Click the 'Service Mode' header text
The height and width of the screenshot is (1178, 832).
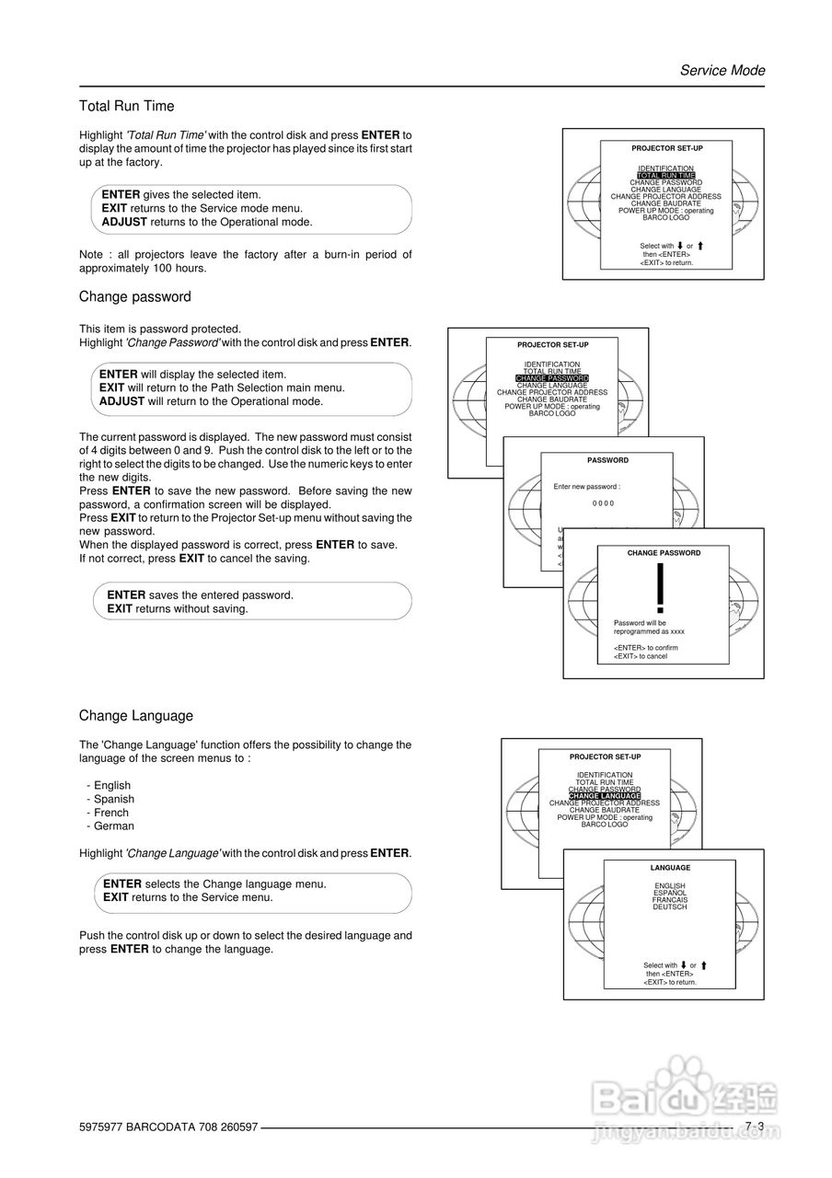point(722,71)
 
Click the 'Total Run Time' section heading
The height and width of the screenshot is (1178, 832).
point(126,107)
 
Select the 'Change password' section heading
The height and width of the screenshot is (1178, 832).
point(134,297)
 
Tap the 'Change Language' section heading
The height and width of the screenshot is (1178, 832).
point(135,716)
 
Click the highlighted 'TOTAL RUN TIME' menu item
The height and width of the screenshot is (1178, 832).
point(665,176)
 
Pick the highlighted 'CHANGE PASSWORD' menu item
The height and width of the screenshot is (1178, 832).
point(551,378)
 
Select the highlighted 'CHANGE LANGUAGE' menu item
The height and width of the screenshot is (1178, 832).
point(604,796)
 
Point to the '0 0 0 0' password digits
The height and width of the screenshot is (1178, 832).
point(603,503)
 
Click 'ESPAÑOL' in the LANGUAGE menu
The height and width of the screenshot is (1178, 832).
point(669,893)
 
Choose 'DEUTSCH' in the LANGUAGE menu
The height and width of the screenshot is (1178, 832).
point(669,907)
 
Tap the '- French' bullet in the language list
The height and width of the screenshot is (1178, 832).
point(108,813)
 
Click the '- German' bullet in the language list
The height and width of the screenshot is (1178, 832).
point(110,826)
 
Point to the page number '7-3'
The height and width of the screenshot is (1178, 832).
point(755,1126)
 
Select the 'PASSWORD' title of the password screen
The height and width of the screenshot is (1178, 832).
point(607,460)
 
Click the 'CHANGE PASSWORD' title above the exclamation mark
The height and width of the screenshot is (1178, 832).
point(664,553)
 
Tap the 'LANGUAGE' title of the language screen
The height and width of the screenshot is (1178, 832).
point(669,868)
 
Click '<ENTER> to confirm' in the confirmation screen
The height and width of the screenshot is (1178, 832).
point(645,648)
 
